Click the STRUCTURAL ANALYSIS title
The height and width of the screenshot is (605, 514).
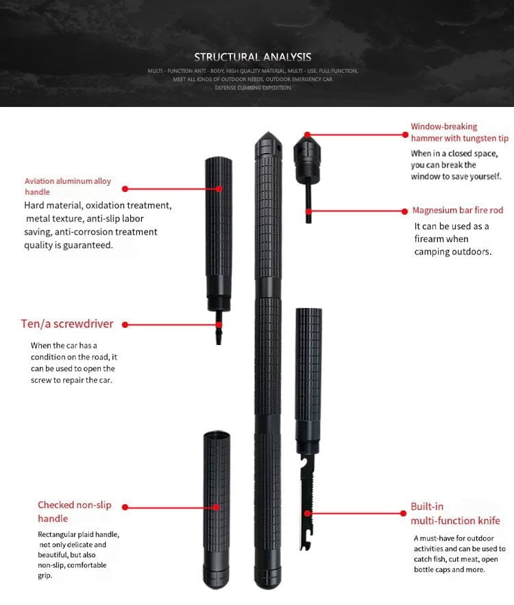(252, 57)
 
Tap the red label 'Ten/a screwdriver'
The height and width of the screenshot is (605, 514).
(66, 324)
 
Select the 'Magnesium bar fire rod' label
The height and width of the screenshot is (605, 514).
(457, 211)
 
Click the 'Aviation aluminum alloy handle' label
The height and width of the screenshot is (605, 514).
(67, 187)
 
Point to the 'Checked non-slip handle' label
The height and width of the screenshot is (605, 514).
(65, 512)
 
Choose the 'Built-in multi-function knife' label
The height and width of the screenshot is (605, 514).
(454, 514)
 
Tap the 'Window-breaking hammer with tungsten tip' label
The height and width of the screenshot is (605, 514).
(459, 132)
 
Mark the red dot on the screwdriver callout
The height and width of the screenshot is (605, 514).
(219, 324)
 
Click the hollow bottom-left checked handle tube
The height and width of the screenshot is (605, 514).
(216, 508)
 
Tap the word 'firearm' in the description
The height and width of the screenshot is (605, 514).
(431, 239)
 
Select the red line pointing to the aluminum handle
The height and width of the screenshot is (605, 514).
(171, 188)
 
